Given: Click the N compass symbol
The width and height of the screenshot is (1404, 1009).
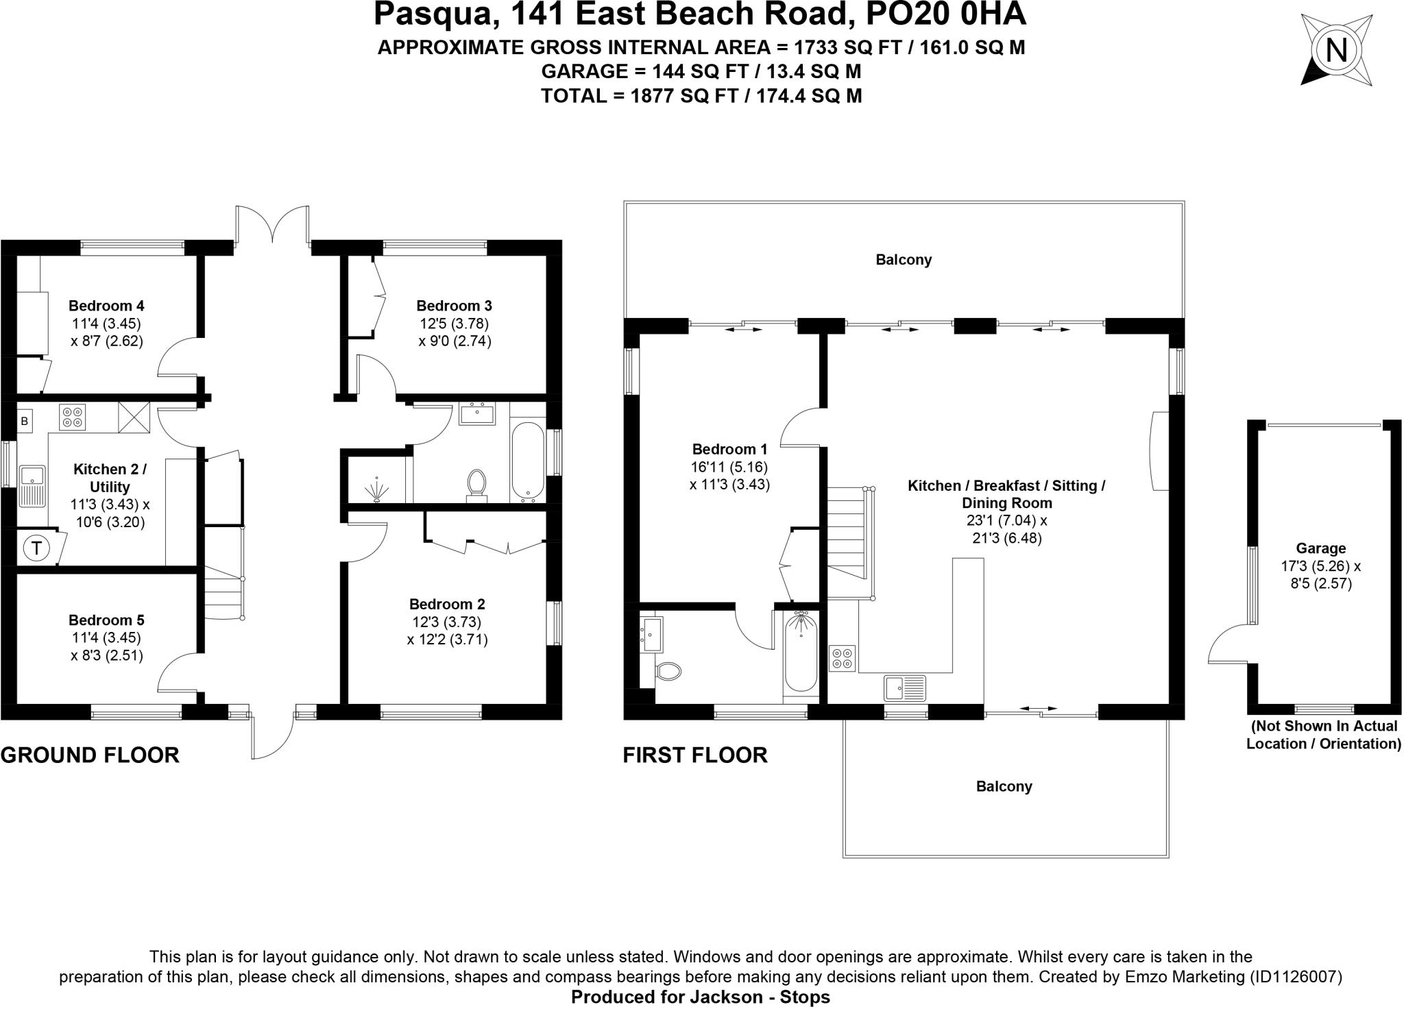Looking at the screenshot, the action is (x=1336, y=51).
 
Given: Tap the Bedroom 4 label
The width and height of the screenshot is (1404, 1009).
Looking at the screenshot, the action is (x=106, y=306).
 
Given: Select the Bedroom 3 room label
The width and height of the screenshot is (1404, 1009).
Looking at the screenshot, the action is (x=454, y=306).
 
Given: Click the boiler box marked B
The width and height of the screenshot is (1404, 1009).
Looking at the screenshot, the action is (x=25, y=421).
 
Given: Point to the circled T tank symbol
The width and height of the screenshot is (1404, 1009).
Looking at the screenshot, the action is (x=36, y=548).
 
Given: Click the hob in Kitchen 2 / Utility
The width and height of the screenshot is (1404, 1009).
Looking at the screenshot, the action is (x=73, y=417).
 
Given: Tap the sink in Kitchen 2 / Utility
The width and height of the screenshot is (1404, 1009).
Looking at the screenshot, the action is (x=32, y=486).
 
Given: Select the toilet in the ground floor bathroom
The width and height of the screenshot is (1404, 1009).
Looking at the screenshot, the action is (x=476, y=482).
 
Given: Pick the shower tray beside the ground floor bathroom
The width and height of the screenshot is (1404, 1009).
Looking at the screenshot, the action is (x=376, y=481).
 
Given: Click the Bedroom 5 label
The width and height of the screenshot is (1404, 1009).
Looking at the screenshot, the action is (x=106, y=620).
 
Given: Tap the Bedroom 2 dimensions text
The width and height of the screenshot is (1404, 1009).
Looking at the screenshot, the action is (x=447, y=631).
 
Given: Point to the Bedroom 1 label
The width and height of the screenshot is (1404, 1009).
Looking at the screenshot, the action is (x=729, y=450).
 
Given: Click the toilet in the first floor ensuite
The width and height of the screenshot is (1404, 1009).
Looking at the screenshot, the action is (x=668, y=670).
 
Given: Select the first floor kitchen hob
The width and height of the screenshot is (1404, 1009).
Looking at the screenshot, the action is (x=842, y=658).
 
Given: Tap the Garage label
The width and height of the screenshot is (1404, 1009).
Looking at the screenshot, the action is (x=1320, y=548).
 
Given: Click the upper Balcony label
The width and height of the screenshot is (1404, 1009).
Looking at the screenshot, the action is (x=904, y=260).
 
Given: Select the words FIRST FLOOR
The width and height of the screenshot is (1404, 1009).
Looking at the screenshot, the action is (x=695, y=755).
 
